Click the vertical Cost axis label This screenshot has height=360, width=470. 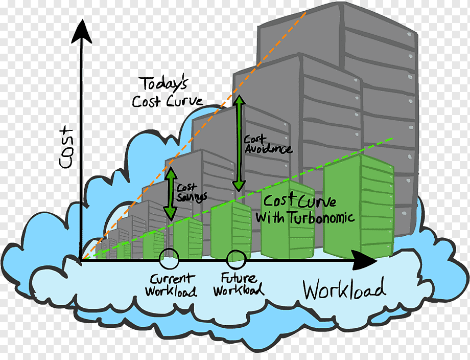(x=66, y=148)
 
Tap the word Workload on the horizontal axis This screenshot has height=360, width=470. (x=344, y=289)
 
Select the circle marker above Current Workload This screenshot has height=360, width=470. (x=169, y=259)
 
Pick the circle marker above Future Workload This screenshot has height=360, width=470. (x=236, y=259)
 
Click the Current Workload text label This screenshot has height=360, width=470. (x=171, y=285)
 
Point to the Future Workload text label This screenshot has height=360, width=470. (x=239, y=284)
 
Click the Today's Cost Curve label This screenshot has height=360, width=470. (x=167, y=92)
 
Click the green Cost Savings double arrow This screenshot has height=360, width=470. (x=171, y=193)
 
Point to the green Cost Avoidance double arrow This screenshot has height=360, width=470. (x=239, y=143)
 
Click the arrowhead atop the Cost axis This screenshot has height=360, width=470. (x=81, y=32)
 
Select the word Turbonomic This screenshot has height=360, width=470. (x=322, y=217)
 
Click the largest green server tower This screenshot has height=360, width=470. (x=359, y=207)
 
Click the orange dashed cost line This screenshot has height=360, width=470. (x=195, y=135)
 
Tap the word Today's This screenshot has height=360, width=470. (x=163, y=84)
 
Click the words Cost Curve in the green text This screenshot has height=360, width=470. (x=299, y=200)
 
